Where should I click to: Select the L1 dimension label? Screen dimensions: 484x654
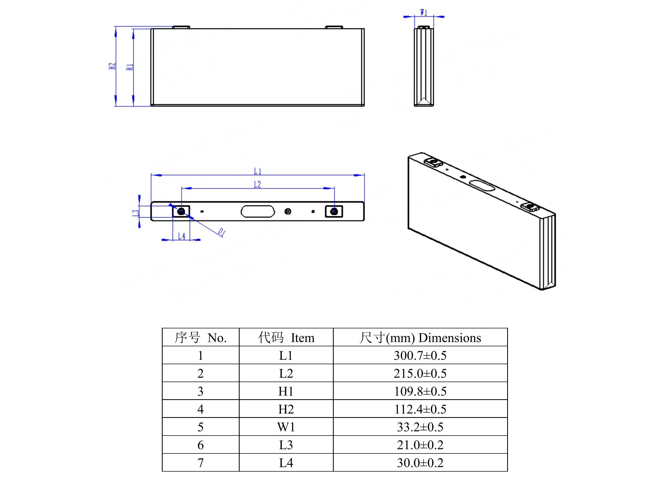pyautogui.click(x=258, y=171)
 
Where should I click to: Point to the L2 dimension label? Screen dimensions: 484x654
pyautogui.click(x=257, y=185)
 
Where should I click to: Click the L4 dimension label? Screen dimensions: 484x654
pyautogui.click(x=182, y=236)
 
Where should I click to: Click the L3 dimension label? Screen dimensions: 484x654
pyautogui.click(x=135, y=213)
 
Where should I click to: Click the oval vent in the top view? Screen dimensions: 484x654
pyautogui.click(x=258, y=211)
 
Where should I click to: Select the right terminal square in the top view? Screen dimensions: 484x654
pyautogui.click(x=334, y=211)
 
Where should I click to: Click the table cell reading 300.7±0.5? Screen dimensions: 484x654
pyautogui.click(x=420, y=356)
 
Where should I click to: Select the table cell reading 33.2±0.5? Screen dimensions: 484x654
pyautogui.click(x=420, y=427)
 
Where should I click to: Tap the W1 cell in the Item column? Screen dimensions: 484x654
pyautogui.click(x=286, y=427)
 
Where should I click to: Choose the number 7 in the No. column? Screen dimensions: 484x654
pyautogui.click(x=200, y=463)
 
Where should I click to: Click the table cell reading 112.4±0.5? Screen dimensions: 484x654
pyautogui.click(x=420, y=409)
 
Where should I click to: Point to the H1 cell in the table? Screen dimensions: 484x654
pyautogui.click(x=286, y=391)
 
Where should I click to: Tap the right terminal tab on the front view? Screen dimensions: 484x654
pyautogui.click(x=334, y=27)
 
